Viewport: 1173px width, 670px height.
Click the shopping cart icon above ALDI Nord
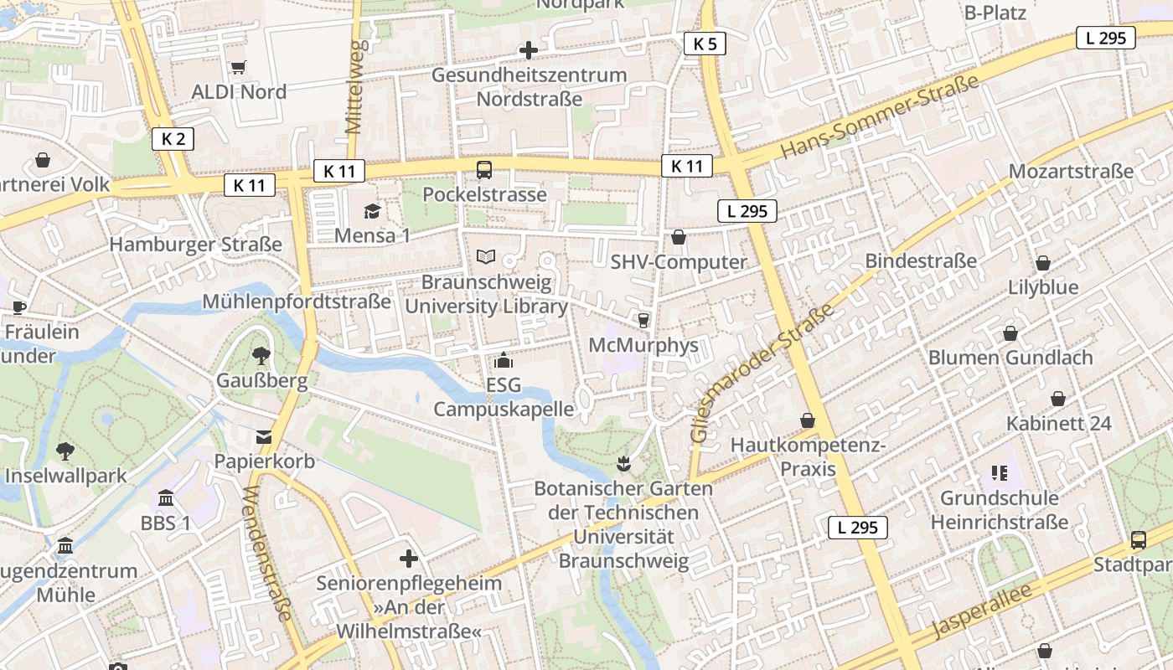pos(238,67)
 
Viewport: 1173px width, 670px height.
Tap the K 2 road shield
pos(173,139)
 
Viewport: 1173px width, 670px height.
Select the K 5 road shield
pos(705,44)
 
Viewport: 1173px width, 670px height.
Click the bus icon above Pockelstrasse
pos(484,170)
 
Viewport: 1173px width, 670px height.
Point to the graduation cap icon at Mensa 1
pos(372,211)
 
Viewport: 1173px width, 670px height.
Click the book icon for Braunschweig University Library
pos(486,257)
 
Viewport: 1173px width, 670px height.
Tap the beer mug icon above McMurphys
pos(643,321)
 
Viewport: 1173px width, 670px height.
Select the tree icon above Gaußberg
pos(261,356)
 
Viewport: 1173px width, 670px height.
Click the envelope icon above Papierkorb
pos(264,437)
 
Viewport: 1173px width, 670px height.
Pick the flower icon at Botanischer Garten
pos(623,462)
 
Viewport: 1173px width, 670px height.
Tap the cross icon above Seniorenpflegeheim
pos(409,559)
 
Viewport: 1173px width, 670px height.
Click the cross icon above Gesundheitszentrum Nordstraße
pos(528,50)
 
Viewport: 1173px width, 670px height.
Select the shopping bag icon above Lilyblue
pos(1043,263)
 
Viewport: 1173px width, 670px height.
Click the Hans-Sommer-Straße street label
pos(880,116)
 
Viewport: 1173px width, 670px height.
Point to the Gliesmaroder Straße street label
pos(762,374)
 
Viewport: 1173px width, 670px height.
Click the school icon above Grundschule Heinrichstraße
pos(999,473)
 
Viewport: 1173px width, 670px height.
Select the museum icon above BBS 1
pos(166,498)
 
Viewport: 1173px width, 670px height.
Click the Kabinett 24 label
pos(1059,424)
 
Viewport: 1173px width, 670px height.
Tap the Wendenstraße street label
pos(269,553)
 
